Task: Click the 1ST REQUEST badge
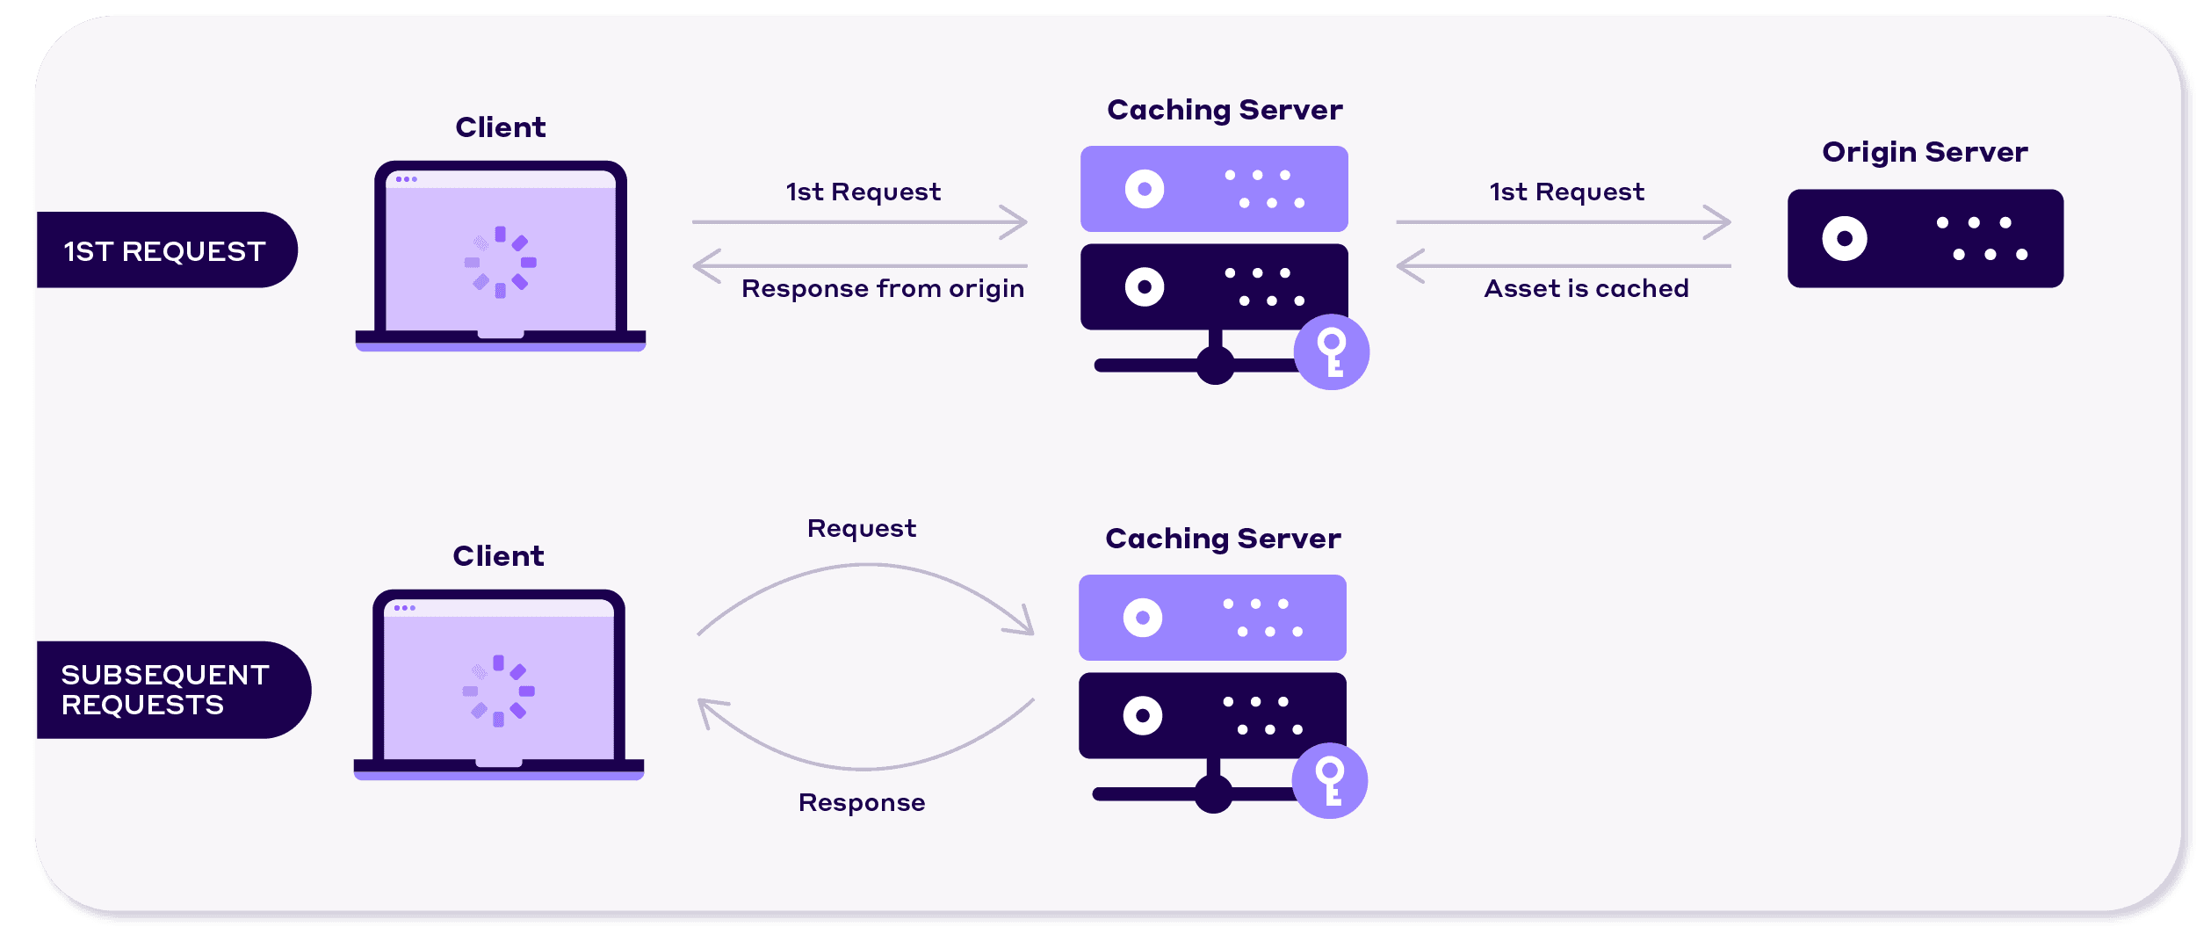(165, 251)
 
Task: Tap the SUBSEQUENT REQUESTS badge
(167, 690)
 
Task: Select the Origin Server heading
(1925, 152)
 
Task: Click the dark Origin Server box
(1925, 238)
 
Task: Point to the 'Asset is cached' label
(1586, 288)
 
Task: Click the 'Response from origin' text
(882, 288)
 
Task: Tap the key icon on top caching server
(1332, 351)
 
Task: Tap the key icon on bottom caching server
(1330, 780)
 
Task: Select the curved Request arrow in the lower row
(865, 568)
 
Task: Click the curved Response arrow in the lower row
(865, 767)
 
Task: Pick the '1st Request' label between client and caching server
(863, 192)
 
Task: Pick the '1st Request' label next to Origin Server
(1566, 192)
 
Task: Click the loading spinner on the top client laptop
(500, 262)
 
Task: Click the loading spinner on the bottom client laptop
(498, 691)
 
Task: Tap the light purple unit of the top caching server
(1214, 189)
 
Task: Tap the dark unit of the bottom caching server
(1212, 715)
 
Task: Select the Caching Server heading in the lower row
(1223, 539)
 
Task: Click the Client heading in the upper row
(500, 127)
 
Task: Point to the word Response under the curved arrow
(861, 802)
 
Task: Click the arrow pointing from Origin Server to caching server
(1564, 265)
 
